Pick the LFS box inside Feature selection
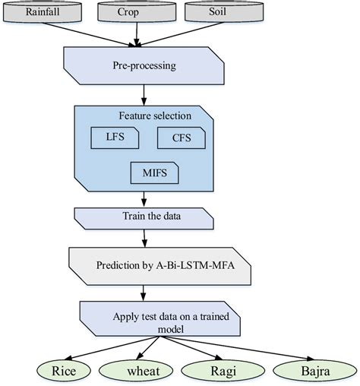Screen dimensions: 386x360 (x=113, y=138)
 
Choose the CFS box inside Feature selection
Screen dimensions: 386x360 (x=181, y=138)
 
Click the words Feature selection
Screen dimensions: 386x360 (x=155, y=115)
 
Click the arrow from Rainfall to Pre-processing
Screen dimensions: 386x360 (x=91, y=34)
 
